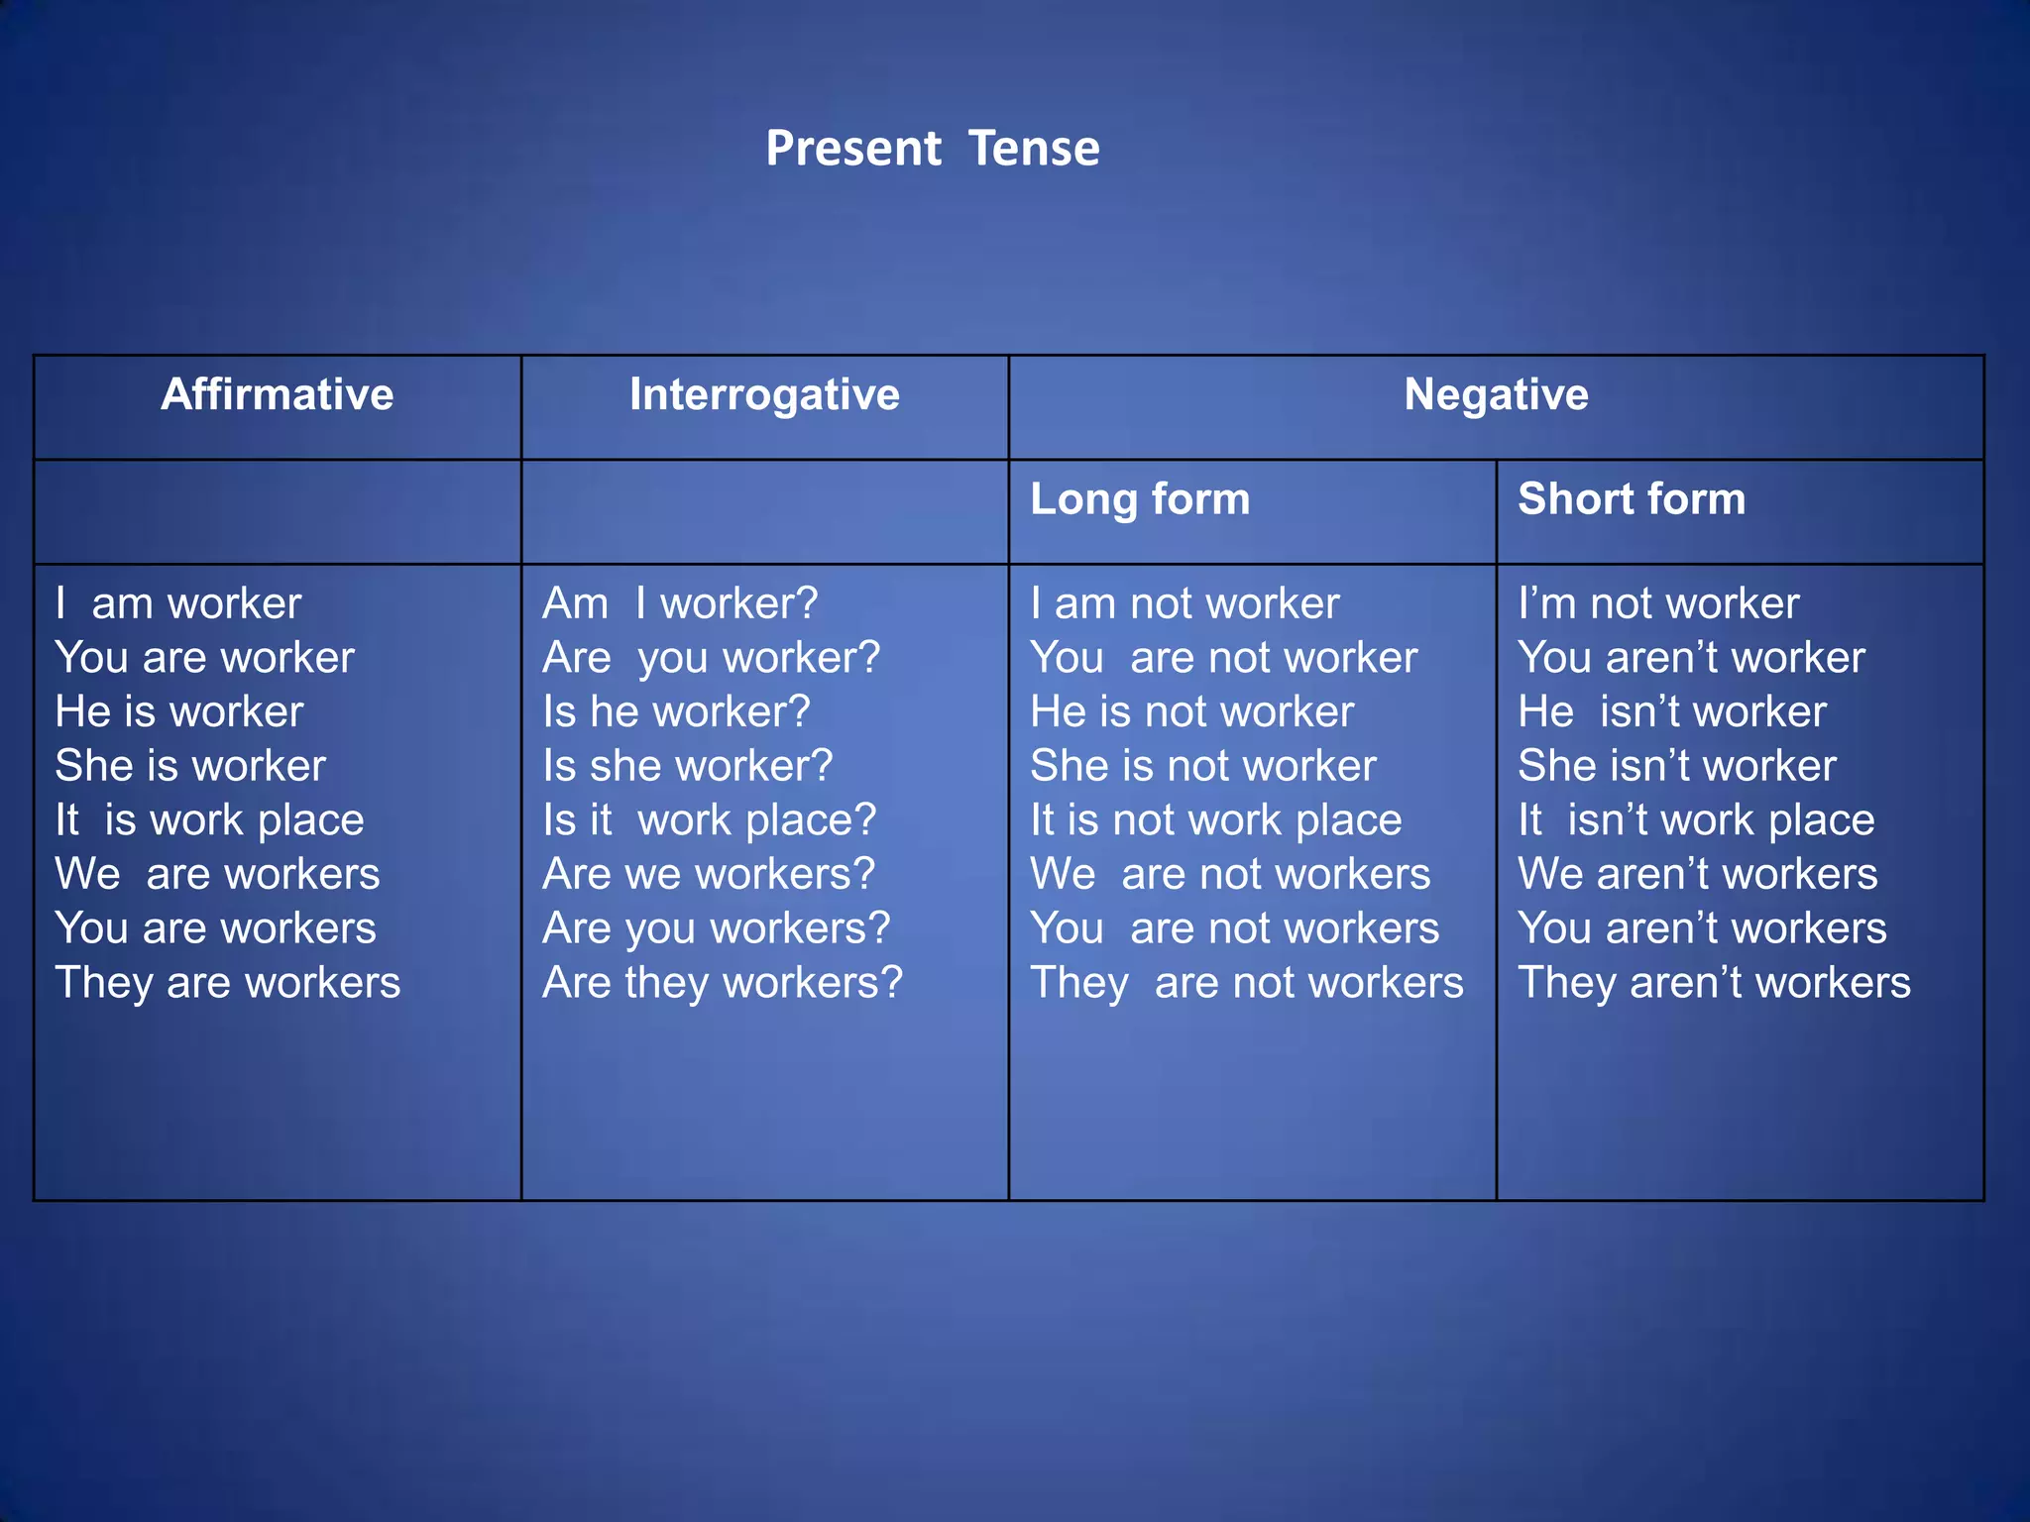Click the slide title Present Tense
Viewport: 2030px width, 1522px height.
tap(932, 149)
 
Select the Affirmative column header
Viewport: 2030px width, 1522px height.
tap(278, 394)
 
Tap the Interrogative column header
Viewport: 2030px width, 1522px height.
tap(764, 394)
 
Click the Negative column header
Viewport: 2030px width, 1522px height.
tap(1496, 394)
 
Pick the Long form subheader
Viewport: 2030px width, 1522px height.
tap(1140, 498)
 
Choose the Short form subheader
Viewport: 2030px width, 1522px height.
tap(1632, 498)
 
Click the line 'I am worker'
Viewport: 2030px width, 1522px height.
tap(178, 603)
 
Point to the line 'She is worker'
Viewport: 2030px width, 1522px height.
tap(190, 766)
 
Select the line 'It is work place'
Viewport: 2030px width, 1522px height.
tap(210, 820)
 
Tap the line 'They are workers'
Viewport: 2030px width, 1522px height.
tap(228, 983)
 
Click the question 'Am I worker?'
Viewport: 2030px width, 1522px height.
tap(680, 603)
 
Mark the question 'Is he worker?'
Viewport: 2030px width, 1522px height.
tap(676, 712)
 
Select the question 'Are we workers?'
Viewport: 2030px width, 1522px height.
tap(709, 874)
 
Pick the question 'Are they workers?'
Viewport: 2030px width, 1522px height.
tap(723, 983)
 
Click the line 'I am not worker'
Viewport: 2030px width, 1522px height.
tap(1184, 603)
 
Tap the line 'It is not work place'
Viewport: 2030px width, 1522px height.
tap(1216, 820)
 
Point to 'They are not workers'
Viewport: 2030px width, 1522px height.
tap(1246, 983)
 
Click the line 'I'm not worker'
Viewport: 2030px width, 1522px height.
tap(1658, 603)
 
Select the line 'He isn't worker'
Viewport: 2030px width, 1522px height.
tap(1672, 712)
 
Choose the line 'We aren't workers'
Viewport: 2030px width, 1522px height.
tap(1698, 874)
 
